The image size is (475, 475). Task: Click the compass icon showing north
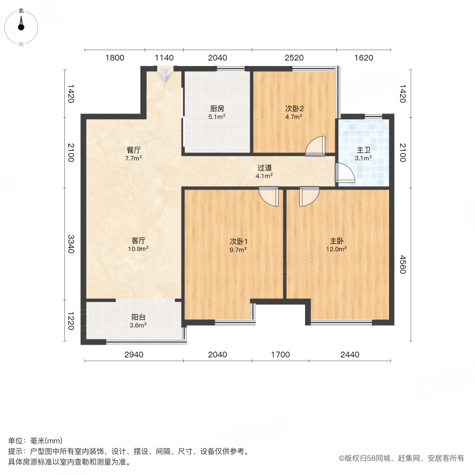(21, 27)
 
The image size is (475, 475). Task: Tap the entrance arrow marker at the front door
(165, 74)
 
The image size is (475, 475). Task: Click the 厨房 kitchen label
(217, 108)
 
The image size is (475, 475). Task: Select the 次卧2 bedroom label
(294, 108)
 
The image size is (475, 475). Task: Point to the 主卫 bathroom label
(364, 150)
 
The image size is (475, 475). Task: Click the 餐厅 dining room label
(134, 150)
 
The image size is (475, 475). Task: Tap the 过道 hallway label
(264, 168)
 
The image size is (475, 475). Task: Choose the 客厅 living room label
(138, 241)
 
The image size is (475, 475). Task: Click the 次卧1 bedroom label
(239, 241)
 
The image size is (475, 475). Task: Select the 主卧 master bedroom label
(337, 241)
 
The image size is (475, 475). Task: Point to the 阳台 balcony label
(138, 317)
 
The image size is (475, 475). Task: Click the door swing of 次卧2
(316, 146)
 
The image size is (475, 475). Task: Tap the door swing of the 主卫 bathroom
(345, 173)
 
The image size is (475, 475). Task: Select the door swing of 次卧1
(269, 197)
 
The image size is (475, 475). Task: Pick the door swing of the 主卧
(309, 197)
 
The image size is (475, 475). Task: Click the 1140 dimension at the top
(164, 58)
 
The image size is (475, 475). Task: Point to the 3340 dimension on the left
(71, 244)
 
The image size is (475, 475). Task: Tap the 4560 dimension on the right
(403, 264)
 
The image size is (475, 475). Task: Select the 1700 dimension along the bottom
(281, 355)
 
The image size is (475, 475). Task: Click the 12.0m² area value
(337, 249)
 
